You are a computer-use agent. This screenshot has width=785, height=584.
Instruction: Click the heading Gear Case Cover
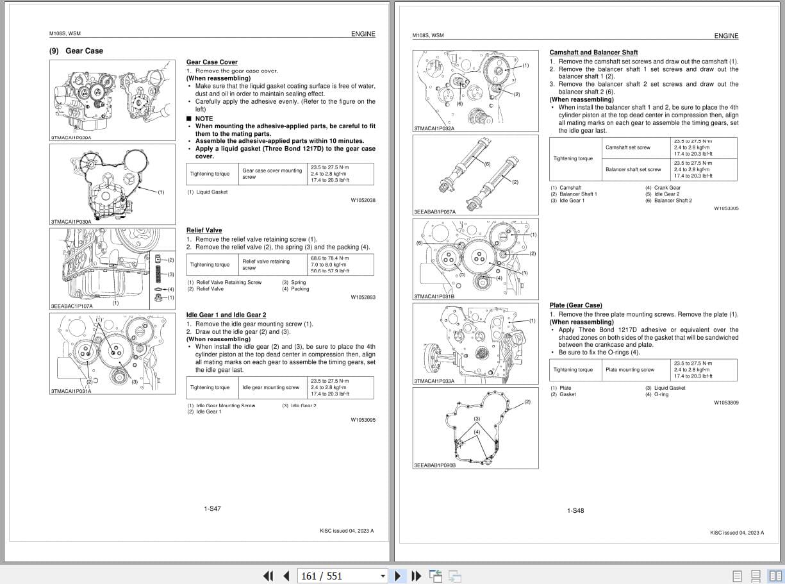click(211, 62)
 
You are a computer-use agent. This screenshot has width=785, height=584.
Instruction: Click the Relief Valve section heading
click(204, 230)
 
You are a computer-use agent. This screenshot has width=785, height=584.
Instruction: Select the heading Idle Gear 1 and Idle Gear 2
click(226, 315)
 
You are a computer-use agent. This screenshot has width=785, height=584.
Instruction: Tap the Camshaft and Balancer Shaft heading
click(593, 53)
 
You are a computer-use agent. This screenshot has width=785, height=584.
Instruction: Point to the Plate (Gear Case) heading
click(575, 305)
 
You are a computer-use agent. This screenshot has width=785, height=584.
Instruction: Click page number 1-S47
click(212, 509)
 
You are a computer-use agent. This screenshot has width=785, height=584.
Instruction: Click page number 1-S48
click(575, 511)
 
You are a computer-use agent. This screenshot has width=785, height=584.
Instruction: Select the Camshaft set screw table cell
click(627, 147)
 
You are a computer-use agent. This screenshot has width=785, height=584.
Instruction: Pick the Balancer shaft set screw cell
click(632, 169)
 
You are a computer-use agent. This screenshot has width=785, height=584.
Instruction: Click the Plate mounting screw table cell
click(629, 370)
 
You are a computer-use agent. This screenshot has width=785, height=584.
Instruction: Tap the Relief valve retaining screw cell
click(265, 264)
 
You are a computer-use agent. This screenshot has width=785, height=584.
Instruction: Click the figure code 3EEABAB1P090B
click(434, 465)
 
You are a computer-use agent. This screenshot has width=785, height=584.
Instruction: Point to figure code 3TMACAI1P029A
click(70, 138)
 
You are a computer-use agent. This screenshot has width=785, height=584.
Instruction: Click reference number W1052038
click(363, 201)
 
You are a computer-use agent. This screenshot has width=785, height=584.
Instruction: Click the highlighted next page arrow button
click(398, 576)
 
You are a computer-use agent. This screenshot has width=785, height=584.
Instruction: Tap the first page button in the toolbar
click(269, 576)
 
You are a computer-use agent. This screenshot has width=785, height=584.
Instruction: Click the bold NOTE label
click(204, 119)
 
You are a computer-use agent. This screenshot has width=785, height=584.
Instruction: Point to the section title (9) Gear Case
click(76, 51)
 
